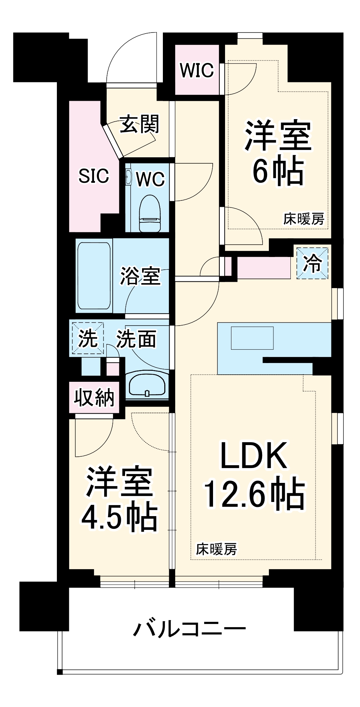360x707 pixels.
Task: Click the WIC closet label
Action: pyautogui.click(x=197, y=70)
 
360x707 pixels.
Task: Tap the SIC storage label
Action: pyautogui.click(x=94, y=176)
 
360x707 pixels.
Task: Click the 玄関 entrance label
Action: pyautogui.click(x=140, y=124)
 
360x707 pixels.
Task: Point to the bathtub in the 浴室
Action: pyautogui.click(x=94, y=276)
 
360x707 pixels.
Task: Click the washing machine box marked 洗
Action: pyautogui.click(x=88, y=338)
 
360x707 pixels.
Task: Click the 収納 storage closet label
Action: pyautogui.click(x=94, y=397)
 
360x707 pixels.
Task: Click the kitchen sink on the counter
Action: pyautogui.click(x=252, y=338)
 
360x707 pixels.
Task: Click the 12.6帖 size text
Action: pyautogui.click(x=254, y=493)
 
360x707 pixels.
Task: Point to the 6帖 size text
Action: pyautogui.click(x=278, y=171)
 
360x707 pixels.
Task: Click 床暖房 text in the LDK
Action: pyautogui.click(x=216, y=549)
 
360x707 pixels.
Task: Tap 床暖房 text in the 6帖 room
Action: pyautogui.click(x=303, y=219)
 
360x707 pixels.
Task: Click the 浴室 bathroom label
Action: pyautogui.click(x=140, y=276)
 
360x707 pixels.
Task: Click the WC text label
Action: pyautogui.click(x=151, y=179)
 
